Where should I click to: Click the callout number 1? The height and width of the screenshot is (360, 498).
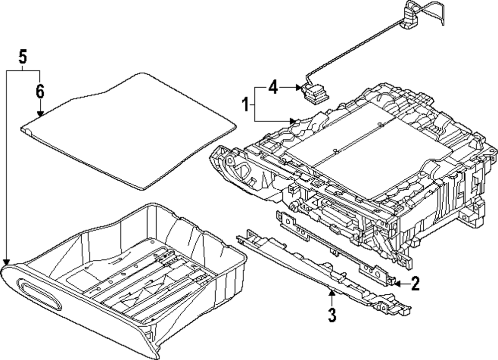click(x=245, y=105)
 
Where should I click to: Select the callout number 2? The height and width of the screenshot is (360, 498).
click(x=415, y=284)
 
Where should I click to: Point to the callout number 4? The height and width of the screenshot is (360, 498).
click(x=272, y=87)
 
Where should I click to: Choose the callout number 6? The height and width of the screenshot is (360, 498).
click(x=40, y=91)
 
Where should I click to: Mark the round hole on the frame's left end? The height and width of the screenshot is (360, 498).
click(x=230, y=160)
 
